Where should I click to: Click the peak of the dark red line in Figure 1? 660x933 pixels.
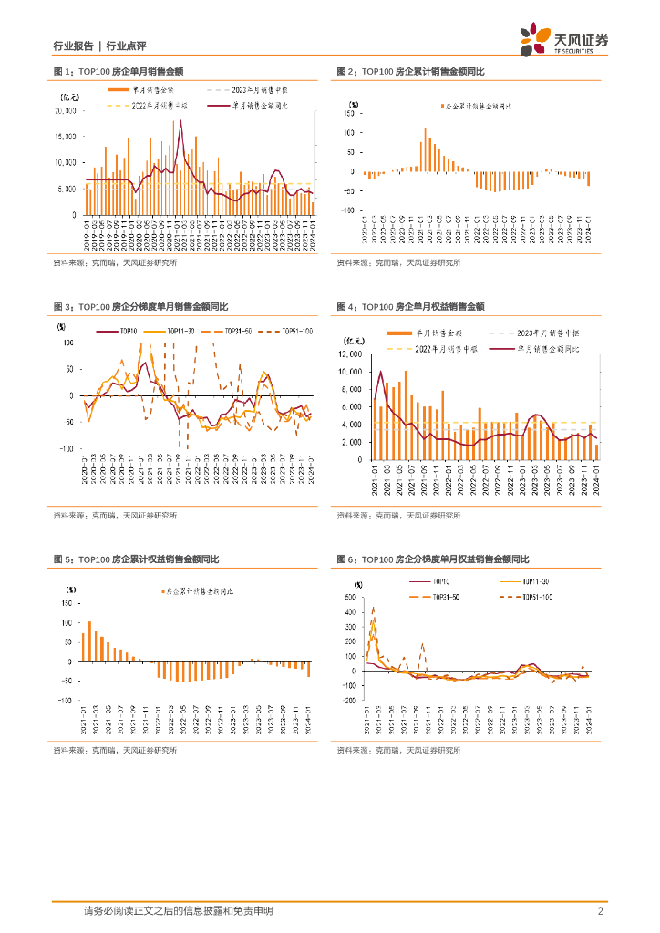pyautogui.click(x=181, y=121)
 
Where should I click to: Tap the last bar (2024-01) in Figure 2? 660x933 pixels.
pyautogui.click(x=589, y=179)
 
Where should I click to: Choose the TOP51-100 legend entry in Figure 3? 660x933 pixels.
pyautogui.click(x=297, y=331)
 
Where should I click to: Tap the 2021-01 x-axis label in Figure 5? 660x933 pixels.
pyautogui.click(x=84, y=720)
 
